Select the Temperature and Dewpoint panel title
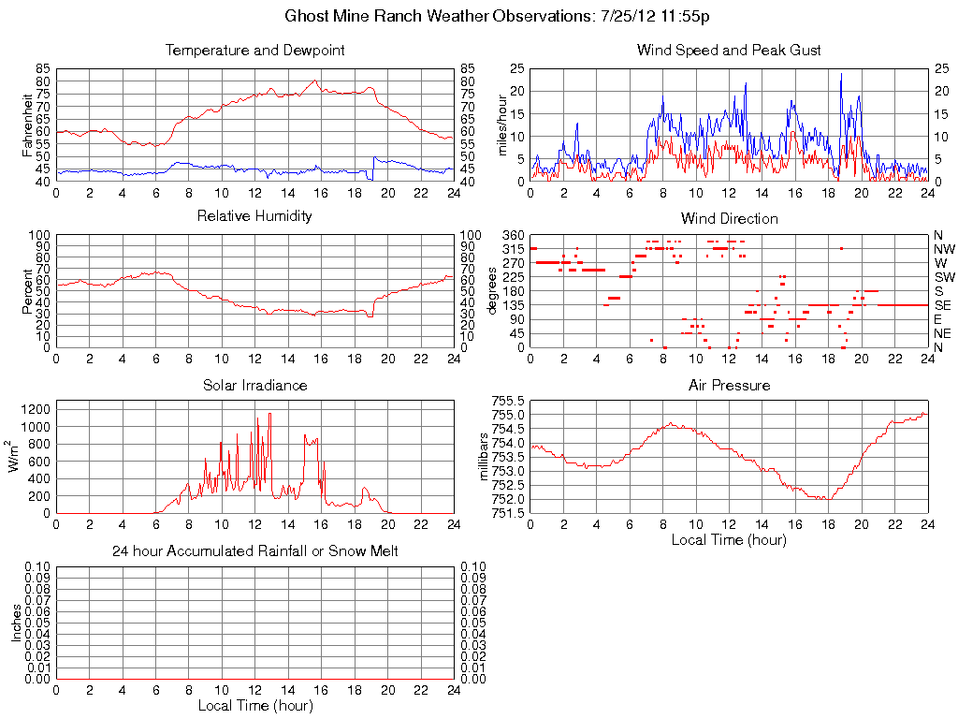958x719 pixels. coord(254,50)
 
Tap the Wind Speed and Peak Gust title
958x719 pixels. coord(729,50)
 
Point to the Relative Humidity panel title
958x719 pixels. coord(254,216)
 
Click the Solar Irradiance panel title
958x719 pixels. coord(254,385)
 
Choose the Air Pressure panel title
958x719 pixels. coord(729,385)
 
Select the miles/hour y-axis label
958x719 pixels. coord(502,125)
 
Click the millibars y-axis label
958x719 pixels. coord(485,457)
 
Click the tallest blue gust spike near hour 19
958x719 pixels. coord(841,74)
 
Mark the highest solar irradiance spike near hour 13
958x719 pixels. coord(270,414)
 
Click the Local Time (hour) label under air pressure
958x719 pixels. coord(729,539)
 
